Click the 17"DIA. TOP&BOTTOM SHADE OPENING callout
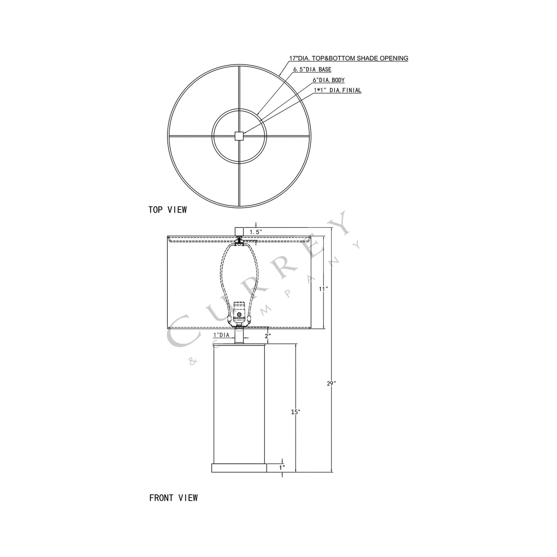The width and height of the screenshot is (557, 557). point(348,59)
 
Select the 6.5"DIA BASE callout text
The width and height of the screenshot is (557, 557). point(312,70)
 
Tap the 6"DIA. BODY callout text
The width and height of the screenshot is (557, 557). point(328,80)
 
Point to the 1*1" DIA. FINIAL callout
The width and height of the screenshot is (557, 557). point(338,91)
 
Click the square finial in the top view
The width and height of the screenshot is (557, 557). point(239,136)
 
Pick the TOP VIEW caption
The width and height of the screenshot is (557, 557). point(168,210)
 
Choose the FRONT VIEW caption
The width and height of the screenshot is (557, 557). point(173,498)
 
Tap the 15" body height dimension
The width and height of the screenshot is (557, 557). point(295,412)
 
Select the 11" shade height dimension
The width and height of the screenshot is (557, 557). point(323,289)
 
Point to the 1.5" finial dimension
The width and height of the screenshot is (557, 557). point(256,232)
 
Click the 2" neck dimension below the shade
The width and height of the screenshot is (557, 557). point(268,336)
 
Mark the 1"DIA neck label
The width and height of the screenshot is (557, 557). point(221,335)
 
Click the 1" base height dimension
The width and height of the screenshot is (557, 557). point(282,468)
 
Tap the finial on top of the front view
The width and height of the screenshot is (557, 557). point(239,231)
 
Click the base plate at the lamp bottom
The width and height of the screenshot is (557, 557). point(239,468)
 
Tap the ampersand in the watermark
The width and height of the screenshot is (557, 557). point(192,362)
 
